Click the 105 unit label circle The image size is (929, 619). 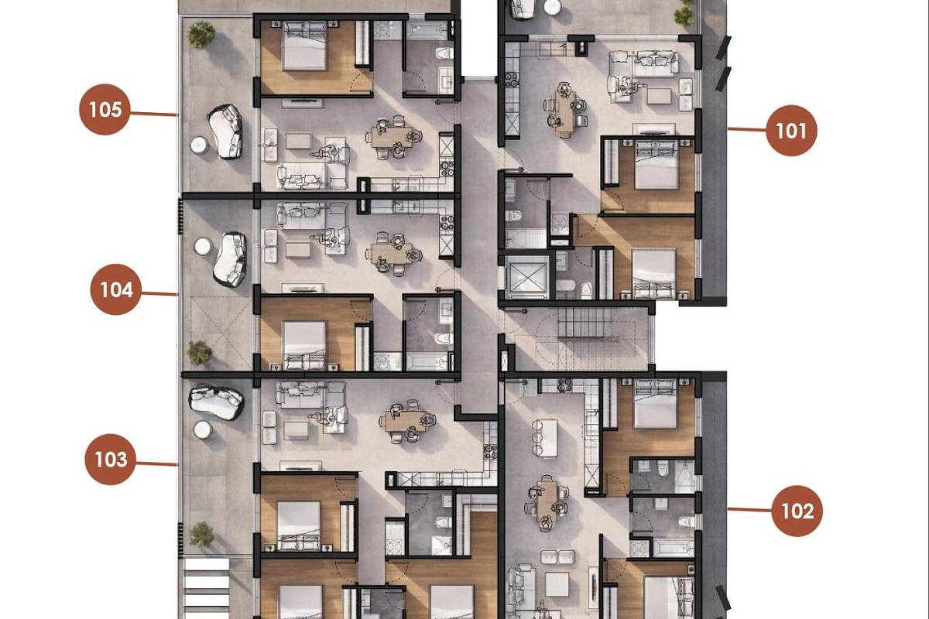click(105, 109)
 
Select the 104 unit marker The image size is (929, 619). click(116, 289)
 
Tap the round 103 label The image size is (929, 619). click(110, 460)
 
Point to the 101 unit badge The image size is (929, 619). click(791, 131)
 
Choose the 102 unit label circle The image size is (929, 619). click(797, 511)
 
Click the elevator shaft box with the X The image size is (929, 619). click(527, 277)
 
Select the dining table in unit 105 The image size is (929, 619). click(393, 137)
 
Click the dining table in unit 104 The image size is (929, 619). click(393, 253)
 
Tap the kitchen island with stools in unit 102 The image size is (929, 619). click(545, 438)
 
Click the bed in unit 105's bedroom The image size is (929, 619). click(304, 46)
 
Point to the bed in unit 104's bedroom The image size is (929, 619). click(304, 346)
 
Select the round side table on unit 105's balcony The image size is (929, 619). click(200, 145)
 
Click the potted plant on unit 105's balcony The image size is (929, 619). click(201, 35)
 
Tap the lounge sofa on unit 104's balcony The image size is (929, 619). click(230, 259)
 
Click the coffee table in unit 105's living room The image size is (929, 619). click(298, 141)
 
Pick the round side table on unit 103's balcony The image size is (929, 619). click(202, 430)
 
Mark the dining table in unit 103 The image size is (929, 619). click(406, 421)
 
